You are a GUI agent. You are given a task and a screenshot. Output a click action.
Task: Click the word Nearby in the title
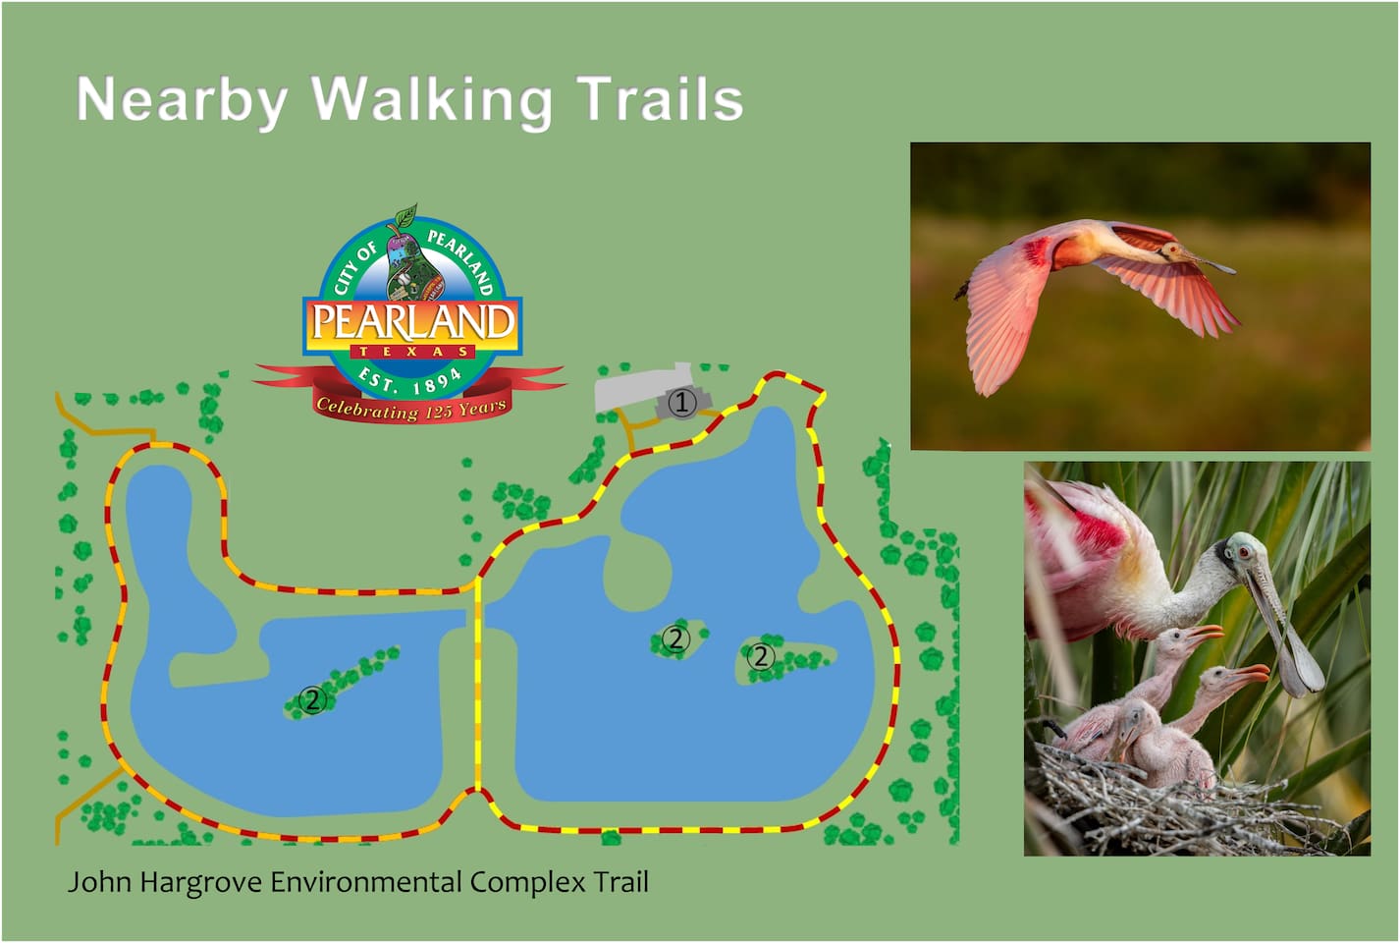(x=182, y=101)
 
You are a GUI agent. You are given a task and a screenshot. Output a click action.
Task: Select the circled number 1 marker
(x=682, y=402)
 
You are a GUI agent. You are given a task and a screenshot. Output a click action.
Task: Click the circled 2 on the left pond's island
(x=312, y=699)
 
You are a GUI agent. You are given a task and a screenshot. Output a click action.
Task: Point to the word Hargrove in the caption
(x=200, y=883)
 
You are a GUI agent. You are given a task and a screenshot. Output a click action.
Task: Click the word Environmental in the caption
(x=365, y=882)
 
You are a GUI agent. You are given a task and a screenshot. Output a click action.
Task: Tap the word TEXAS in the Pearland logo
(x=413, y=352)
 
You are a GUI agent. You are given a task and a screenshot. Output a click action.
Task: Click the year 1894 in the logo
(x=436, y=380)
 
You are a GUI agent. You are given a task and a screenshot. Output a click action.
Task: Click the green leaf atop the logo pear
(x=406, y=214)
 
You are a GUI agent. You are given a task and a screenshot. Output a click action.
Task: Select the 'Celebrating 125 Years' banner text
(x=411, y=409)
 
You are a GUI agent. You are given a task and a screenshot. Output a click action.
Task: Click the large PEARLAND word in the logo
(x=413, y=322)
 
